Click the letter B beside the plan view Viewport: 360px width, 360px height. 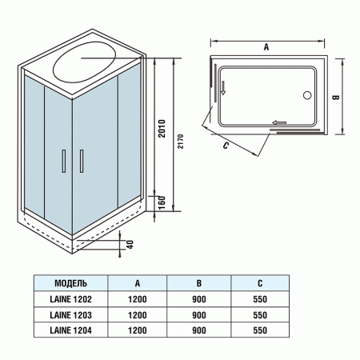pyautogui.click(x=337, y=98)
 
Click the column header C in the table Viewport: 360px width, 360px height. pyautogui.click(x=258, y=283)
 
